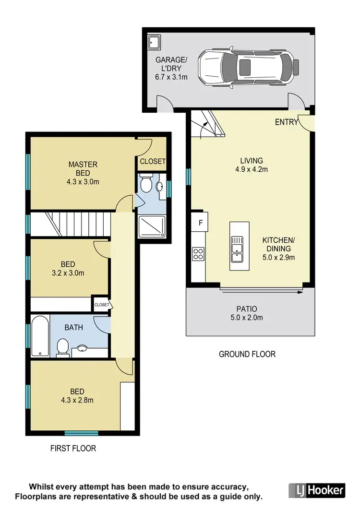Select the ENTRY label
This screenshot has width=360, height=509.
[x=286, y=122]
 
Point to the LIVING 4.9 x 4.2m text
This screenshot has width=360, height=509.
[x=252, y=165]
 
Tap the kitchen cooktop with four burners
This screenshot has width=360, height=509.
[x=198, y=253]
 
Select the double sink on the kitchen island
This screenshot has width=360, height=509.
[x=237, y=249]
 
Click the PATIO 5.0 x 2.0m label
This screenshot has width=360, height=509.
[x=247, y=313]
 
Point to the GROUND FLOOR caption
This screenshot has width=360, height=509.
[x=247, y=354]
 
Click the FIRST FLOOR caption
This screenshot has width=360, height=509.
[x=73, y=449]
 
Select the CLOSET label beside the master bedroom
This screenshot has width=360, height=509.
[x=152, y=162]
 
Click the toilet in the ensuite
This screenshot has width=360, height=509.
[x=147, y=184]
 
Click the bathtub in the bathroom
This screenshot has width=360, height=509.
[x=40, y=336]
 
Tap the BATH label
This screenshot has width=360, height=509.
[x=73, y=328]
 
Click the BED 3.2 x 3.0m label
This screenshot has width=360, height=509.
[x=67, y=269]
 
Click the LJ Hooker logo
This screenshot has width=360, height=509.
[x=317, y=490]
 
